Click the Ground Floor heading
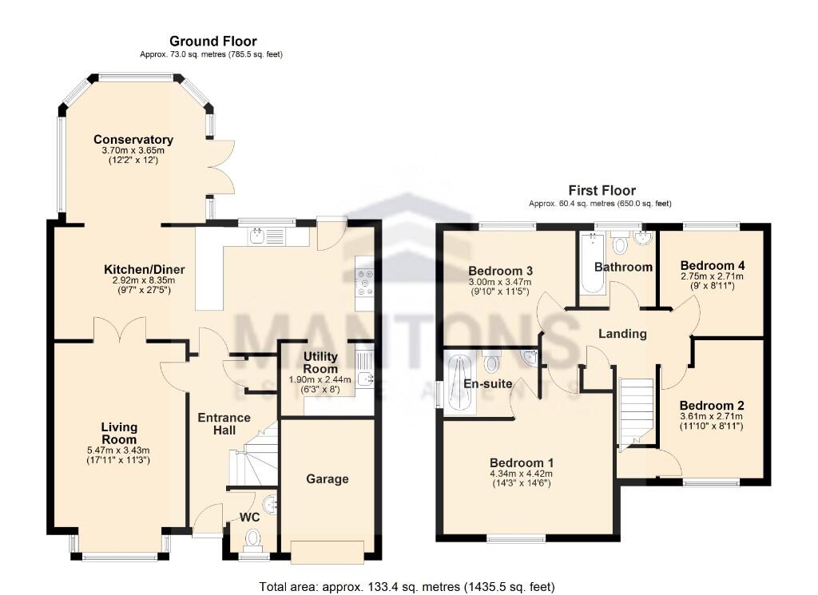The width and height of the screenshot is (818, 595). pos(212,42)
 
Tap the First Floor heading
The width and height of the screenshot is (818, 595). pos(602,190)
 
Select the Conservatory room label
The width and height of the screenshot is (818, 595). pos(133,140)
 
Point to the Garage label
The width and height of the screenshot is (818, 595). pos(328,479)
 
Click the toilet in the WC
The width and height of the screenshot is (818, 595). pos(254,538)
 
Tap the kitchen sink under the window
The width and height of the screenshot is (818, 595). pos(267,236)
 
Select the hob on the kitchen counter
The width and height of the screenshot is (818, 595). pos(366,284)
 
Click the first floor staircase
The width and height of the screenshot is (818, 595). pos(637,410)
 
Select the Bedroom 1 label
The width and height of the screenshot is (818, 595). pos(521,463)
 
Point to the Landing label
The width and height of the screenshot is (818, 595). pos(622,334)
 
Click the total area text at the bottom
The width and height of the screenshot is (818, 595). pos(407,587)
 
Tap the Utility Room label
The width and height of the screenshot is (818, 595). pos(320,362)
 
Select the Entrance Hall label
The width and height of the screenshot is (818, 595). pos(224,424)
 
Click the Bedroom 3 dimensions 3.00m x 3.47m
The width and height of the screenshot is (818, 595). pos(501,283)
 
